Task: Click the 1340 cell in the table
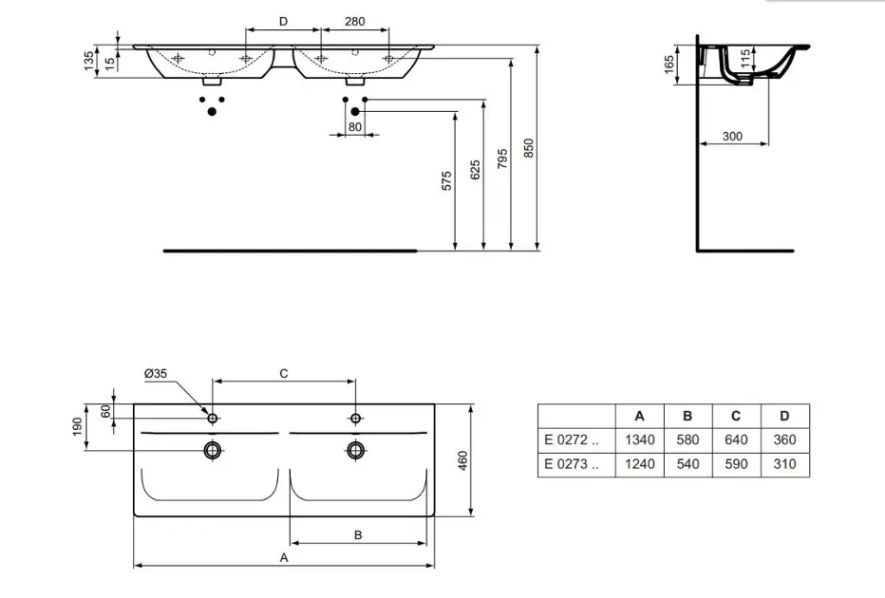click(639, 440)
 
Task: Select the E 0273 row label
click(572, 464)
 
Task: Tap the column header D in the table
click(784, 416)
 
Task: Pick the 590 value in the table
click(736, 464)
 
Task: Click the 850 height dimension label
click(529, 148)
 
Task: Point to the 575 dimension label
click(446, 181)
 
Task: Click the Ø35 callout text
click(155, 373)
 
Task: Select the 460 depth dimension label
click(462, 461)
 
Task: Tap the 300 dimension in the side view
click(732, 137)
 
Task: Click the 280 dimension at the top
click(354, 22)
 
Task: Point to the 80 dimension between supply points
click(355, 127)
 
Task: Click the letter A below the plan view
click(284, 557)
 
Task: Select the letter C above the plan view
click(284, 373)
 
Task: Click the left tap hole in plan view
click(213, 418)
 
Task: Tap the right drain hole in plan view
click(355, 450)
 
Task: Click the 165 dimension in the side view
click(669, 65)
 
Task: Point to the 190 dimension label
click(77, 426)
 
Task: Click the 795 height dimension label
click(502, 159)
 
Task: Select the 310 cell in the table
click(784, 464)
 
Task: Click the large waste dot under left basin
click(212, 112)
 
